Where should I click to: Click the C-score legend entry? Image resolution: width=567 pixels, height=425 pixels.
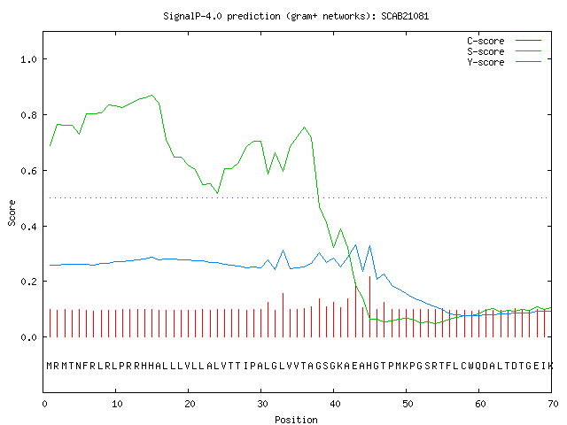point(504,41)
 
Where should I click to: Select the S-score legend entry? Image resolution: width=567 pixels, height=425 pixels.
point(504,51)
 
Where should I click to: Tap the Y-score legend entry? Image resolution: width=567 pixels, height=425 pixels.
point(504,62)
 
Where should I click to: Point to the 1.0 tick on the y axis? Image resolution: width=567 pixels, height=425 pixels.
point(29,59)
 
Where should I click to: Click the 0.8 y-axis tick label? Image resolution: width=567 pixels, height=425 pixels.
point(29,115)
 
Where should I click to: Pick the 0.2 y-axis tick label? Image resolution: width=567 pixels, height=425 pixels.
point(29,282)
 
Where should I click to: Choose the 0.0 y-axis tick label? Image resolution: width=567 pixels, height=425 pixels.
point(29,337)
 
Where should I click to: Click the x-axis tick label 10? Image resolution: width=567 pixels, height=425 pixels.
point(117,404)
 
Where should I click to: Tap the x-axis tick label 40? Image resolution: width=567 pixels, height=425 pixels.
point(335,404)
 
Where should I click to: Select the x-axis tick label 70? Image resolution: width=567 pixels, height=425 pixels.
point(553,404)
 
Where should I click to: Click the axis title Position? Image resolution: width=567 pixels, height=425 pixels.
point(296,420)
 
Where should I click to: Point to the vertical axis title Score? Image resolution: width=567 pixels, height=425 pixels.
point(12,212)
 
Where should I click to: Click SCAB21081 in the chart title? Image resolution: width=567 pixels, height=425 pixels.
point(405,16)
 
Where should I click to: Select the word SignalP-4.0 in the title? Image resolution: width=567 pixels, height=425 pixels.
point(193,16)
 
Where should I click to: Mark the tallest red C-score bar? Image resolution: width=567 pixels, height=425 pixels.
point(369,307)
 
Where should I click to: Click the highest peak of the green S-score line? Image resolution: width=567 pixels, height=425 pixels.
point(151,95)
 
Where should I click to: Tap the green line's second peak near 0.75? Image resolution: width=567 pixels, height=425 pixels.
point(305,127)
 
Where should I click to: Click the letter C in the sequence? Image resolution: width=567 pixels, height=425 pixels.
point(464,366)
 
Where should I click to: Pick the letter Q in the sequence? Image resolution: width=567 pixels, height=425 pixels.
point(478,366)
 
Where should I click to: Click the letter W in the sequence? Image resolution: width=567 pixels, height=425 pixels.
point(471,366)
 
